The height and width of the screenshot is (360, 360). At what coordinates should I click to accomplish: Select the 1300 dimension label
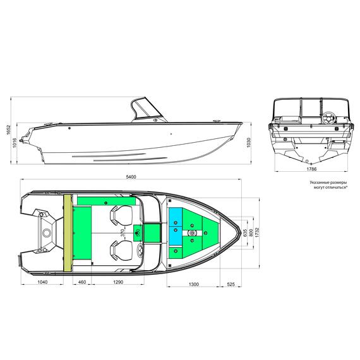tap(194, 285)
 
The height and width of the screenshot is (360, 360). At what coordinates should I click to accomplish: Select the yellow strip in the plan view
tap(66, 232)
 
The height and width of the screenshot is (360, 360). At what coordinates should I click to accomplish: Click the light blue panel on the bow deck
tap(175, 222)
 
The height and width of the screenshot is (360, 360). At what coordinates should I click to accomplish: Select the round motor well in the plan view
tap(46, 232)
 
